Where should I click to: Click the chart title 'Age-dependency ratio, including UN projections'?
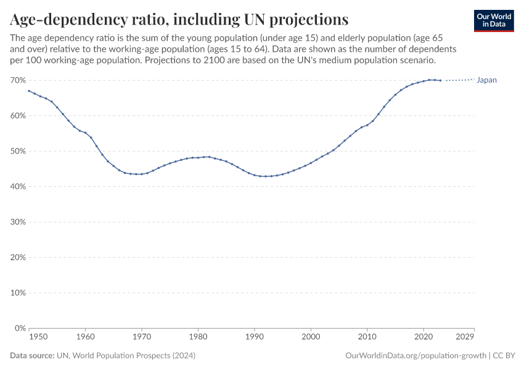(179, 18)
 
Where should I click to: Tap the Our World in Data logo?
(494, 20)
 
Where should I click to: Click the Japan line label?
(486, 80)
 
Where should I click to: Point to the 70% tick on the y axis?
(17, 80)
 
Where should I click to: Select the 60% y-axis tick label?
(17, 116)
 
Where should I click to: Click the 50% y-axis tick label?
(17, 151)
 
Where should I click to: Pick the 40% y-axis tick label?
(17, 187)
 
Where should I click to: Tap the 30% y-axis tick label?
(17, 222)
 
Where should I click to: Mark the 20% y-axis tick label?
(17, 258)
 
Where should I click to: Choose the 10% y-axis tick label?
(17, 293)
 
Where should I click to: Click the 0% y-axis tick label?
(19, 329)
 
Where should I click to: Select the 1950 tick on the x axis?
(38, 337)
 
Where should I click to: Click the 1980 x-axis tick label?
(198, 337)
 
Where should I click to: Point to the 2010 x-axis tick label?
(367, 337)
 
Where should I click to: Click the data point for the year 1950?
(29, 91)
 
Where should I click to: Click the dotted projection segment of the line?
(459, 80)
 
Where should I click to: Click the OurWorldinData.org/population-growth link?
(416, 356)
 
